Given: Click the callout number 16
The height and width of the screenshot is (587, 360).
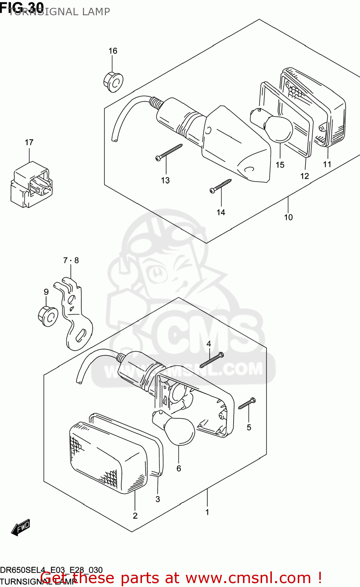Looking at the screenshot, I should point(113,51).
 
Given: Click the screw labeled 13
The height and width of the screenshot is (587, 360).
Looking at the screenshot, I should point(169,152).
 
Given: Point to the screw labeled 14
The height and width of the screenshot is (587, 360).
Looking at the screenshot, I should point(221,185).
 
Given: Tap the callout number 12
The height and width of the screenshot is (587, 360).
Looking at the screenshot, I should point(304,176).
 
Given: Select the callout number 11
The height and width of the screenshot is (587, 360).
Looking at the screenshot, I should point(327,164).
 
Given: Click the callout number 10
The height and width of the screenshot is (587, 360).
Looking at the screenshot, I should point(288,217).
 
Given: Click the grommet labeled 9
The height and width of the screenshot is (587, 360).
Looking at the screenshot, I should point(48,317).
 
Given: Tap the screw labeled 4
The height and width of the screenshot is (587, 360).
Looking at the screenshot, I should point(212,360).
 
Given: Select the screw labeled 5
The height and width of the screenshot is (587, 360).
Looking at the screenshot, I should point(247,403).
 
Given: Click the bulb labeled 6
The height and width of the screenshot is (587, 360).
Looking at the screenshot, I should point(178,430).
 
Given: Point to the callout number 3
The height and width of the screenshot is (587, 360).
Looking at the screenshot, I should point(158,499).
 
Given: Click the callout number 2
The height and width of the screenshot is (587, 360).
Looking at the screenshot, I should point(135,515).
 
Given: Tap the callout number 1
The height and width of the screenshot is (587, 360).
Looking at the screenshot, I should point(207,512).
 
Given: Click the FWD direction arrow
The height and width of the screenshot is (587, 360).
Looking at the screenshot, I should point(21,527).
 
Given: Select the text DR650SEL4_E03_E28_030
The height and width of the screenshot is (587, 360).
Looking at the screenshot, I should point(51,570).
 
